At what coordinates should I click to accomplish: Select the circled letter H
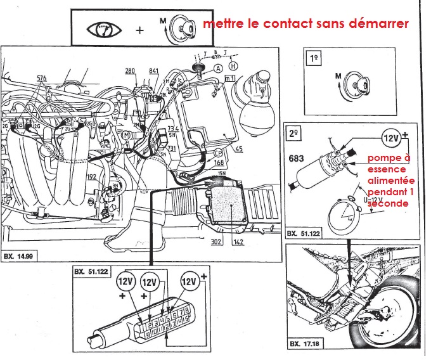(234, 66)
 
